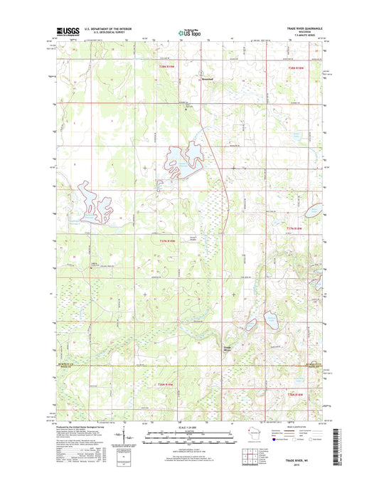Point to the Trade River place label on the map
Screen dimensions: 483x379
click(x=228, y=348)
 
